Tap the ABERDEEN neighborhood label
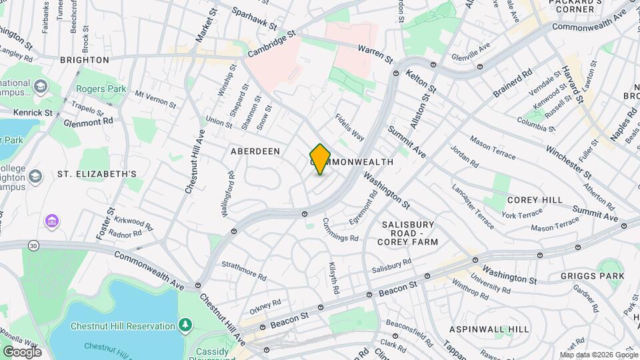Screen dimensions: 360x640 coord(255,151)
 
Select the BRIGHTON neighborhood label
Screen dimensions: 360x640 coord(84,59)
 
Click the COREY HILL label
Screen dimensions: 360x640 coord(535,200)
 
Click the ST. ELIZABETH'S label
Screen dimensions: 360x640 coord(97,174)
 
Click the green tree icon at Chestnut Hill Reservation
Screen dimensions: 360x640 coord(185,325)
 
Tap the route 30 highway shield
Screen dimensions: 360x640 coord(33,246)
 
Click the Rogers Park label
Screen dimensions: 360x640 coord(101,89)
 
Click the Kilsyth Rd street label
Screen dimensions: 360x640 coord(334,279)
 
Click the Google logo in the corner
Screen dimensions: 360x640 coord(21,352)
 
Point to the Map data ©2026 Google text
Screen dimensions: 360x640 coord(599,355)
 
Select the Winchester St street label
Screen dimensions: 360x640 coord(568,161)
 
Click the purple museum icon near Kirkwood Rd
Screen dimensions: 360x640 coord(51,220)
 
